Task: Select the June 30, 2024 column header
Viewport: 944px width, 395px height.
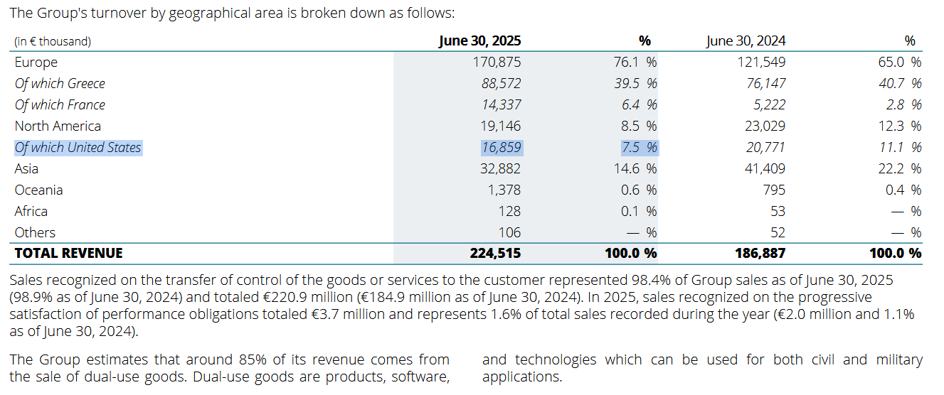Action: [746, 40]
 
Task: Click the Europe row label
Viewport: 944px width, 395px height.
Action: [36, 62]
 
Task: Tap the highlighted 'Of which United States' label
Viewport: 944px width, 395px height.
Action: [78, 148]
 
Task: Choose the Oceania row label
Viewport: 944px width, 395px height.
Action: [39, 190]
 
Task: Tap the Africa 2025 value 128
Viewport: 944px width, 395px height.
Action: [509, 211]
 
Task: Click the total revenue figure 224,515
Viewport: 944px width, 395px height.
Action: [495, 253]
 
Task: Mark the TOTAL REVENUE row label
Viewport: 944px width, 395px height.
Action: [69, 253]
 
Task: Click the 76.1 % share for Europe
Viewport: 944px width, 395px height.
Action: [635, 62]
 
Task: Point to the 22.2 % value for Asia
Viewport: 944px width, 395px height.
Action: [899, 168]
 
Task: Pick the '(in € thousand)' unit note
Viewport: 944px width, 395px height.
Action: [53, 41]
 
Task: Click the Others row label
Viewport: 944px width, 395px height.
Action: [36, 232]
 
